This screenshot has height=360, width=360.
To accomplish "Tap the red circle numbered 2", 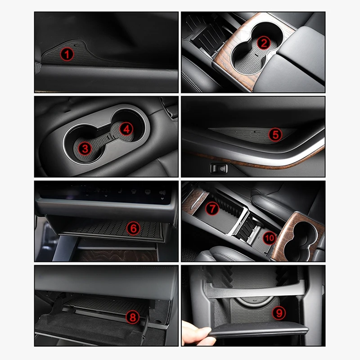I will (264, 43).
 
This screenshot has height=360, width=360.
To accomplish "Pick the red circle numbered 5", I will (274, 134).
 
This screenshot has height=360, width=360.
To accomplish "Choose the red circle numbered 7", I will (211, 208).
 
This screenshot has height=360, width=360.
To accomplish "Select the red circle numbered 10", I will (269, 237).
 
